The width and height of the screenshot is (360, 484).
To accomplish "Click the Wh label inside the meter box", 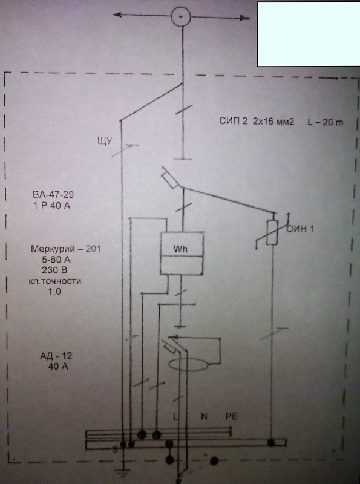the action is tap(180, 249).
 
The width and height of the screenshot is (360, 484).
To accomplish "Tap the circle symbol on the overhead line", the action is tap(181, 16).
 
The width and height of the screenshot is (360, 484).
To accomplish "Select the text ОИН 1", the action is tap(300, 229).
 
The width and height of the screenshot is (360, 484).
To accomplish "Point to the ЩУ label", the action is tap(104, 141).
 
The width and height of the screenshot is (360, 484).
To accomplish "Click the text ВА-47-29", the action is tap(53, 194).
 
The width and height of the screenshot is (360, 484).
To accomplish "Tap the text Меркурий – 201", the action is tap(66, 249).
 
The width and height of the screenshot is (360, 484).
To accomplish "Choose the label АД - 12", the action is tap(56, 356).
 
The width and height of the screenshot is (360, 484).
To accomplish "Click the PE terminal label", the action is tap(232, 416).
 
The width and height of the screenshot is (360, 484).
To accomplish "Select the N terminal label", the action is tap(204, 416).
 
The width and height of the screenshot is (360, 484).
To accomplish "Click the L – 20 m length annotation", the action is tap(325, 122).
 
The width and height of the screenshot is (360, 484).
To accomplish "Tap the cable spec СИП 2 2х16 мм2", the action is tap(257, 121).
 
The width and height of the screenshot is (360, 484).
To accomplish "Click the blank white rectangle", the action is tap(309, 34).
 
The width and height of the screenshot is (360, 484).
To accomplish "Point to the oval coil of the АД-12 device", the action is tap(188, 365).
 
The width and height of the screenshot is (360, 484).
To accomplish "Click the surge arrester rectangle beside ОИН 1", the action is tap(272, 233).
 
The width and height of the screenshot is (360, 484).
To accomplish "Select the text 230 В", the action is tap(54, 270).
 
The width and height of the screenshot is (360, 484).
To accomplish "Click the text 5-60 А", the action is tap(56, 260).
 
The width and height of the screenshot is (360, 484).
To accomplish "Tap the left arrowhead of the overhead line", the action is tap(117, 15).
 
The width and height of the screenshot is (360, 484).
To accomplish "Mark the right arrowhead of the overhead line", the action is tap(246, 18).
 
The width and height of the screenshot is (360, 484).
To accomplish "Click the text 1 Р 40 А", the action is tap(52, 205).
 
